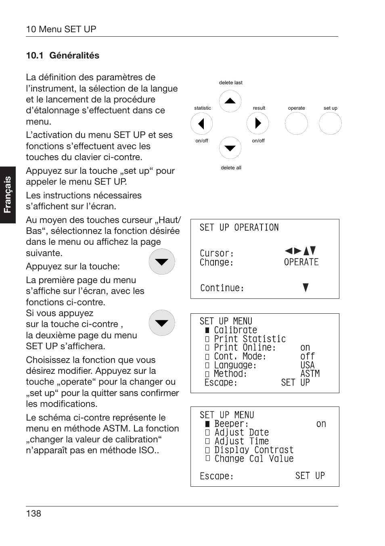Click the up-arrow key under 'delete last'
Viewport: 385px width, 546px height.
pyautogui.click(x=230, y=101)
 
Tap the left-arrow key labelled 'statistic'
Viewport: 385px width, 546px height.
pyautogui.click(x=201, y=123)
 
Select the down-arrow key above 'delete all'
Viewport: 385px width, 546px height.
pyautogui.click(x=230, y=148)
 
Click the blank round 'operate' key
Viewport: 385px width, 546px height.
pyautogui.click(x=296, y=123)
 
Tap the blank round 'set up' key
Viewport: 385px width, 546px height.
pyautogui.click(x=330, y=123)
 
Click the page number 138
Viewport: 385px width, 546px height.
pyautogui.click(x=33, y=513)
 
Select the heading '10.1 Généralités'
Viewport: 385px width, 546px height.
pyautogui.click(x=63, y=56)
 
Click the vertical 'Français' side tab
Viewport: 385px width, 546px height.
pyautogui.click(x=8, y=195)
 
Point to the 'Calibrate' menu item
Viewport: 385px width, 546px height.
pyautogui.click(x=235, y=330)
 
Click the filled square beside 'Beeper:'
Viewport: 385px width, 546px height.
pyautogui.click(x=207, y=424)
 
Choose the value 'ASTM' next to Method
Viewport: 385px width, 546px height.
pyautogui.click(x=310, y=374)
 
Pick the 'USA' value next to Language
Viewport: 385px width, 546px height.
pyautogui.click(x=308, y=365)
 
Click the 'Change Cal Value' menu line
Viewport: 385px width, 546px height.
pyautogui.click(x=254, y=458)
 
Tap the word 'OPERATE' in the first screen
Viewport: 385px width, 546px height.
pyautogui.click(x=301, y=262)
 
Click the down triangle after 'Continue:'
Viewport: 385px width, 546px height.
pyautogui.click(x=305, y=288)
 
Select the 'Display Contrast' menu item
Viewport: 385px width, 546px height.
pyautogui.click(x=254, y=450)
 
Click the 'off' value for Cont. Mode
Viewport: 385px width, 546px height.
pyautogui.click(x=308, y=356)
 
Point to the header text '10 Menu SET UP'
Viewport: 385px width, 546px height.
pyautogui.click(x=61, y=29)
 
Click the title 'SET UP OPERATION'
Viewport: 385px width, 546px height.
pyautogui.click(x=239, y=227)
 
